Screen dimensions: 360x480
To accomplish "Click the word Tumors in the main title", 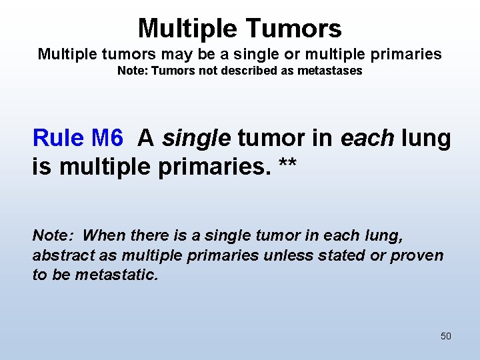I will pos(294,28).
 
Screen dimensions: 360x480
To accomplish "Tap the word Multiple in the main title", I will pos(189,28).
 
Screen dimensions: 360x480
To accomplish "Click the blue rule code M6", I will pos(107,138).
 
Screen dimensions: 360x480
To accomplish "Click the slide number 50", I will pos(445,336).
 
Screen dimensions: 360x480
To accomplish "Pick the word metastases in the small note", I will pos(331,71).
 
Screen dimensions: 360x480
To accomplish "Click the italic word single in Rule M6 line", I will pos(196,138).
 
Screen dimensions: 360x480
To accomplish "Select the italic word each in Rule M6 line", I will pos(365,138).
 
